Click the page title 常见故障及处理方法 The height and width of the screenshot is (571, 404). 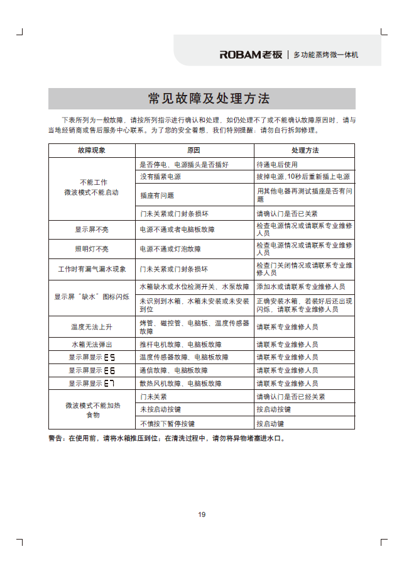pyautogui.click(x=202, y=99)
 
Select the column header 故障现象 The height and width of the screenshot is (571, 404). pyautogui.click(x=92, y=151)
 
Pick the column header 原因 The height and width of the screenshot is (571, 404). pyautogui.click(x=194, y=151)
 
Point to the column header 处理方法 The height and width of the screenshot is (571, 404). pyautogui.click(x=304, y=151)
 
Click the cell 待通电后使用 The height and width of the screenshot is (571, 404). pyautogui.click(x=278, y=164)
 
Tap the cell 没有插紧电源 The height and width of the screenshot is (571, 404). pyautogui.click(x=161, y=177)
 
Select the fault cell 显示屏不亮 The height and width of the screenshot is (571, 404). pyautogui.click(x=92, y=230)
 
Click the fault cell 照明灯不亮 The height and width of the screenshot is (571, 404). pyautogui.click(x=92, y=249)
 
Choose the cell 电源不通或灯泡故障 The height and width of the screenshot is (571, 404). pyautogui.click(x=170, y=249)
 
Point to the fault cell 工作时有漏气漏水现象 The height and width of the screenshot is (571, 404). pyautogui.click(x=92, y=269)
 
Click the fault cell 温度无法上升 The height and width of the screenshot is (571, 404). pyautogui.click(x=92, y=327)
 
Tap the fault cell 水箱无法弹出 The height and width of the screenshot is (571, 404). pyautogui.click(x=92, y=345)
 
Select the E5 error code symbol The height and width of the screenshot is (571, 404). pyautogui.click(x=109, y=357)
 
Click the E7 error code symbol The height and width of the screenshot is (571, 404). pyautogui.click(x=109, y=383)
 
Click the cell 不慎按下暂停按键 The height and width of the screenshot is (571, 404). pyautogui.click(x=167, y=423)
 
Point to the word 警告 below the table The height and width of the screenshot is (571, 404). pyautogui.click(x=57, y=438)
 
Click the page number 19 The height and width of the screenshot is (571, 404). pyautogui.click(x=202, y=514)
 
